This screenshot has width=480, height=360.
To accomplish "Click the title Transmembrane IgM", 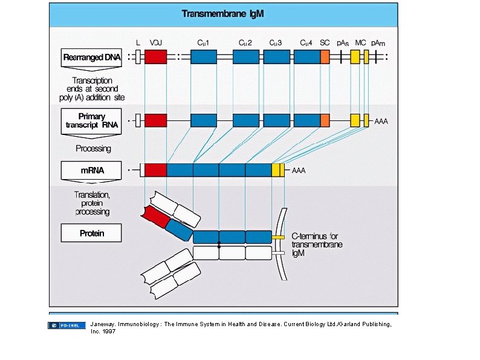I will click(x=223, y=13).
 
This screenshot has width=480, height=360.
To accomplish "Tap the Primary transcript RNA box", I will click(x=91, y=120).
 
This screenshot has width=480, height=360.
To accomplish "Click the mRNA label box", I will click(x=91, y=170).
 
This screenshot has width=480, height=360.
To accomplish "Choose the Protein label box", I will click(x=91, y=233).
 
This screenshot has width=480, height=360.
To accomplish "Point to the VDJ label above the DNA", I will click(x=155, y=43).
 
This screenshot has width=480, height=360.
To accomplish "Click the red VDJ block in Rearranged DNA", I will click(x=155, y=57).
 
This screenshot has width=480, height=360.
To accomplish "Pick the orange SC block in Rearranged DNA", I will click(x=325, y=57).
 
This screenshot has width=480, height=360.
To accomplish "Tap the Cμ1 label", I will click(x=203, y=43).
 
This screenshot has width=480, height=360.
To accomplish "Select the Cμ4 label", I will click(x=306, y=43).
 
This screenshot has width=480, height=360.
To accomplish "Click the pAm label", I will click(x=378, y=43).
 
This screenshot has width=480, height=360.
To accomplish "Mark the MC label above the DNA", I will click(x=360, y=43).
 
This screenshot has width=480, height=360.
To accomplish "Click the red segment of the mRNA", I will click(x=155, y=170).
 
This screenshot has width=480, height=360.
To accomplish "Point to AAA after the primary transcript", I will click(x=381, y=121).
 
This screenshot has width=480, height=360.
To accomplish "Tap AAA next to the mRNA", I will click(x=299, y=171).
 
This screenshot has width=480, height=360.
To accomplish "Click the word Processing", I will click(x=93, y=148).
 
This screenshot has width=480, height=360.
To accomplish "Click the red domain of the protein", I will click(x=154, y=216).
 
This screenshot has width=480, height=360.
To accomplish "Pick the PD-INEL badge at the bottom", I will click(x=67, y=326).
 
